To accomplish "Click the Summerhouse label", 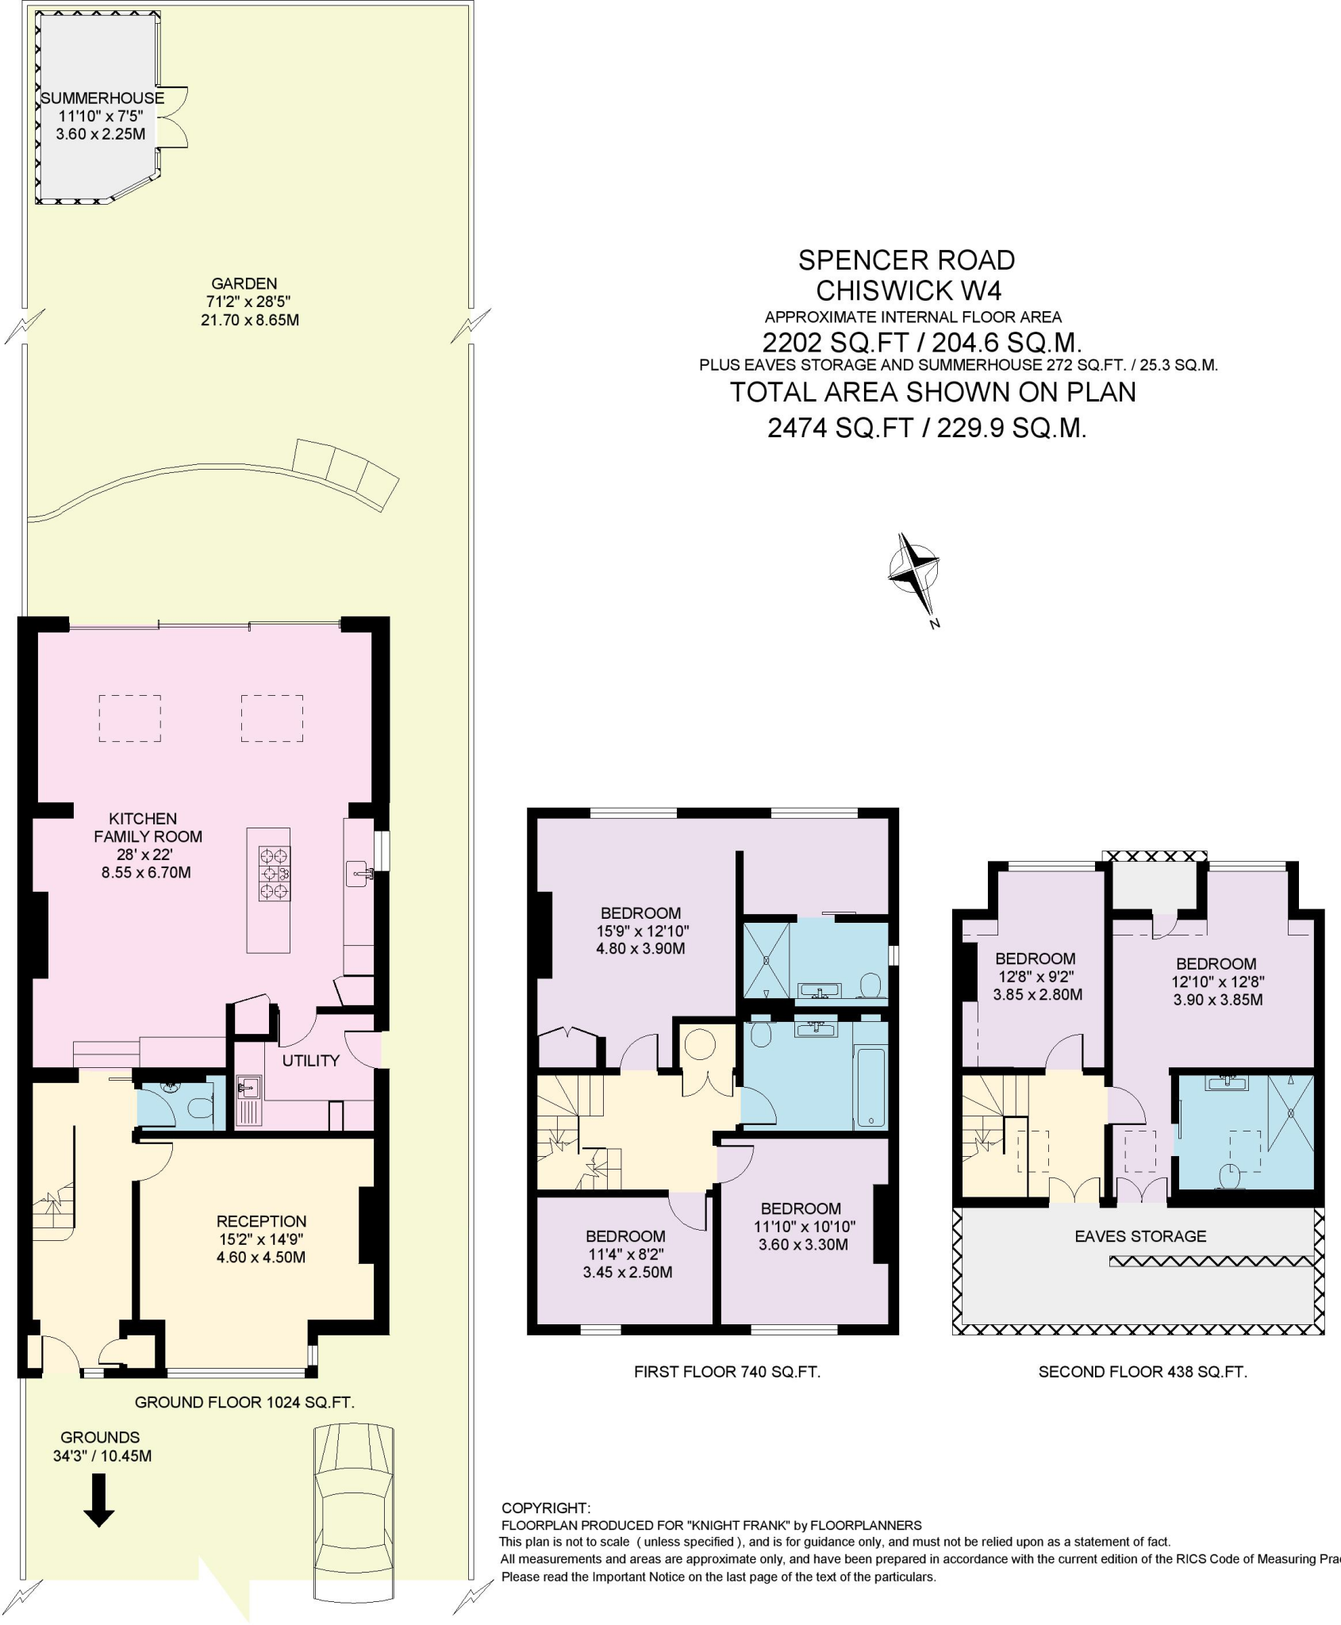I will pos(102,98).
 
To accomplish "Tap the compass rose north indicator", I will pos(914,571).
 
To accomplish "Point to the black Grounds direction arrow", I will pos(99,1500).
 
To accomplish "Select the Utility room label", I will pos(310,1061).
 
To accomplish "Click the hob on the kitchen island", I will pos(274,874).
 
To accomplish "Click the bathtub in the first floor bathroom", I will pos(870,1088).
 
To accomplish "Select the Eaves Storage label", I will pos(1139,1236).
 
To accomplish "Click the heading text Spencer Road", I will pos(906,260).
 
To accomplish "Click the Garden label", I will pos(244,283).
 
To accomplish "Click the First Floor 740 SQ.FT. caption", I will pos(727,1371).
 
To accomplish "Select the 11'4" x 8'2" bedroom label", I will pos(625,1254).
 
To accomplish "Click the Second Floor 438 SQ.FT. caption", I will pos(1143,1371).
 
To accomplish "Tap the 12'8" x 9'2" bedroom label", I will pos(1036,976).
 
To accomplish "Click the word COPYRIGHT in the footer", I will pos(546,1508).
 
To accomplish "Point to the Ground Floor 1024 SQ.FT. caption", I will pos(244,1402).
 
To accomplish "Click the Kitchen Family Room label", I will pos(148,828).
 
